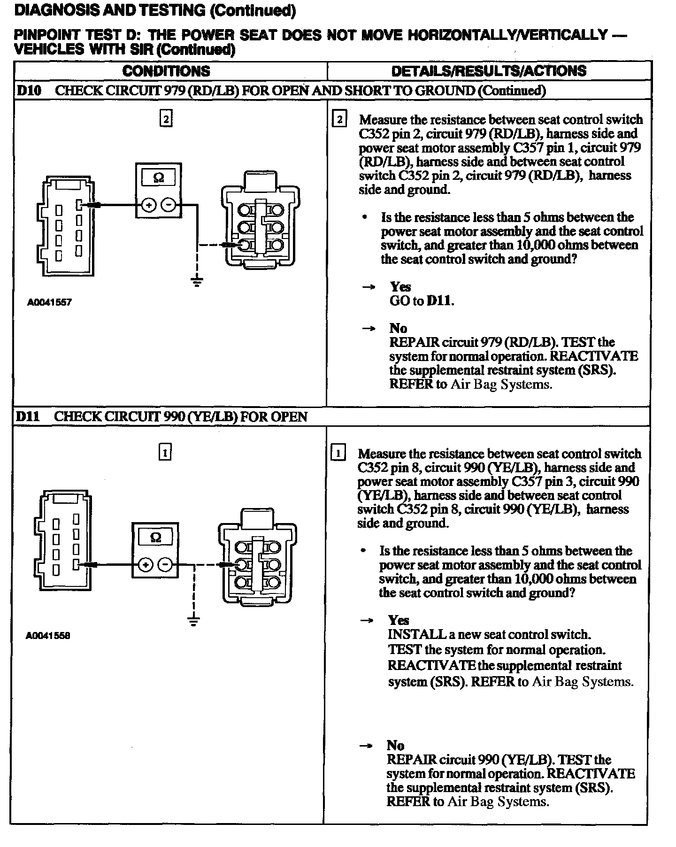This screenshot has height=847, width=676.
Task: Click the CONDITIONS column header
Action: click(x=166, y=71)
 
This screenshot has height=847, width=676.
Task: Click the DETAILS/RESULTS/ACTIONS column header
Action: click(x=488, y=71)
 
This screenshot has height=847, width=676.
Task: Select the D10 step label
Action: click(x=28, y=91)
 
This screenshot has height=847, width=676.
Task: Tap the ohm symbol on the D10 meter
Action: click(x=159, y=178)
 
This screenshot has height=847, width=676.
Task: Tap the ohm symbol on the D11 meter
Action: click(x=155, y=538)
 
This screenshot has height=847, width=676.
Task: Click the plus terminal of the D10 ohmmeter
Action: click(x=148, y=205)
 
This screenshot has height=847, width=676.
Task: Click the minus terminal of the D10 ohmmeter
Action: click(x=169, y=205)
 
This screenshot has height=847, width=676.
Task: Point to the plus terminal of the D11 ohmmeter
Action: click(x=146, y=564)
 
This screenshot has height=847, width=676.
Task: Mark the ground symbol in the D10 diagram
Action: click(x=197, y=282)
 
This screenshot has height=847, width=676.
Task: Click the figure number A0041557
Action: click(x=49, y=302)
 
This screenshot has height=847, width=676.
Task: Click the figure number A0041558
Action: click(x=48, y=636)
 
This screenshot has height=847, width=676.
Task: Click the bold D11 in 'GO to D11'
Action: click(x=439, y=301)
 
